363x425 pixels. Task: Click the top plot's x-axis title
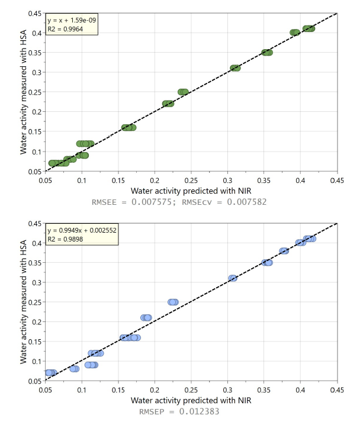coord(191,191)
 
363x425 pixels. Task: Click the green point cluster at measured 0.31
coord(235,68)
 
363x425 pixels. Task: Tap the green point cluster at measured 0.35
coord(267,53)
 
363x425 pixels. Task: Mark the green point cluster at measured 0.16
coord(129,127)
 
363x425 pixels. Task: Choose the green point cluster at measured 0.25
coord(183,92)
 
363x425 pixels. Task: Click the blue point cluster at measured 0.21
coord(146,318)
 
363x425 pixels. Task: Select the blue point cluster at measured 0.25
coord(173,302)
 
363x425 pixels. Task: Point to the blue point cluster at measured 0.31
coord(233,278)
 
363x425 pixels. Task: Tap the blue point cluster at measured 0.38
coord(284,251)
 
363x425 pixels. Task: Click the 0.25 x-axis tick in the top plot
coord(191,180)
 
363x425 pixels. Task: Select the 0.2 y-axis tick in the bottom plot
coord(38,321)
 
